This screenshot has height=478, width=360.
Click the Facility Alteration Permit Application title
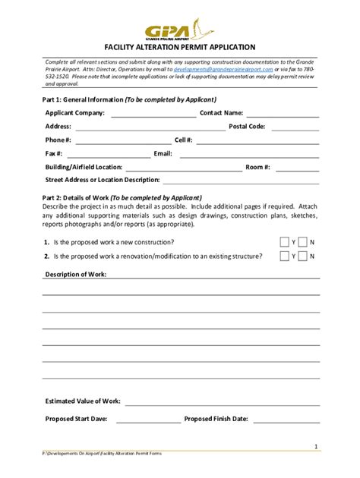tap(180, 47)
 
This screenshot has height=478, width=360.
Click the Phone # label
tap(58, 140)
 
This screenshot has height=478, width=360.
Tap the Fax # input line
tap(106, 155)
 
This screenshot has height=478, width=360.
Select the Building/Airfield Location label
tap(84, 167)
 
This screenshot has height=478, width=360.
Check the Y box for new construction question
tap(284, 242)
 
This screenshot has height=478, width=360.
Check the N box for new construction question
tap(303, 242)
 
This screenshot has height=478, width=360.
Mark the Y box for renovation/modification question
tap(284, 256)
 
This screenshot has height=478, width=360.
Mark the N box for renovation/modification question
tap(303, 256)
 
